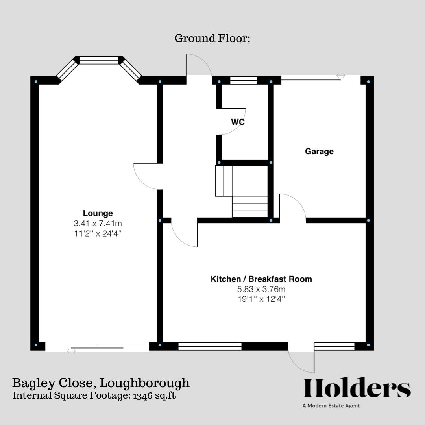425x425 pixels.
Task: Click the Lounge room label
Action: click(x=98, y=213)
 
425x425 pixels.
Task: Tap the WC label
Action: click(x=238, y=122)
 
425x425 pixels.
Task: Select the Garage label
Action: click(x=319, y=151)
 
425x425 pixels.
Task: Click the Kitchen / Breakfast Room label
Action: click(x=261, y=279)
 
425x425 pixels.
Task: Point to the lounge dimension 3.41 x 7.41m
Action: click(x=98, y=224)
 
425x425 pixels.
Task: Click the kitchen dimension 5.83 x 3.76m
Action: click(x=261, y=289)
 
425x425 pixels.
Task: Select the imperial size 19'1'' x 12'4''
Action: click(x=261, y=299)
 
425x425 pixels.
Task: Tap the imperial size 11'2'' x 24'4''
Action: click(x=98, y=233)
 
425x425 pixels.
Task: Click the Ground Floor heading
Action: click(x=213, y=39)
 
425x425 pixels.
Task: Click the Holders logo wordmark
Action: click(x=357, y=389)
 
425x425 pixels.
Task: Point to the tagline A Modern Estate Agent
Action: click(x=331, y=406)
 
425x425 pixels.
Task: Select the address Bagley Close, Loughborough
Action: click(x=101, y=382)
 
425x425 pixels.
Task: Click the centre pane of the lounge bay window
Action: click(x=99, y=60)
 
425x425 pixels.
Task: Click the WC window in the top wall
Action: click(x=243, y=80)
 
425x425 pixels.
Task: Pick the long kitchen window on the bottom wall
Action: click(x=210, y=346)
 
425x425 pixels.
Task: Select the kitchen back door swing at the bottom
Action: click(x=301, y=359)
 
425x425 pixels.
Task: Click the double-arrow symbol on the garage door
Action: click(x=341, y=76)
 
